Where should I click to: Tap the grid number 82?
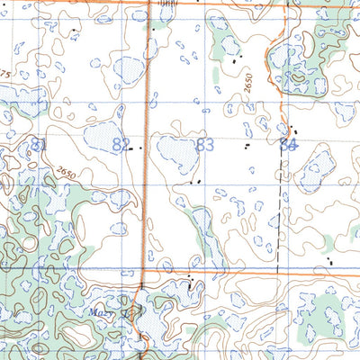(121, 144)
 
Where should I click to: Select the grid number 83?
(205, 144)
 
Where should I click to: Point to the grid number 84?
(288, 144)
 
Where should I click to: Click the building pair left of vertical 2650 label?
(237, 61)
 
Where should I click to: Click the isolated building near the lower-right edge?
(330, 262)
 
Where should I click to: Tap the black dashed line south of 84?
(278, 207)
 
